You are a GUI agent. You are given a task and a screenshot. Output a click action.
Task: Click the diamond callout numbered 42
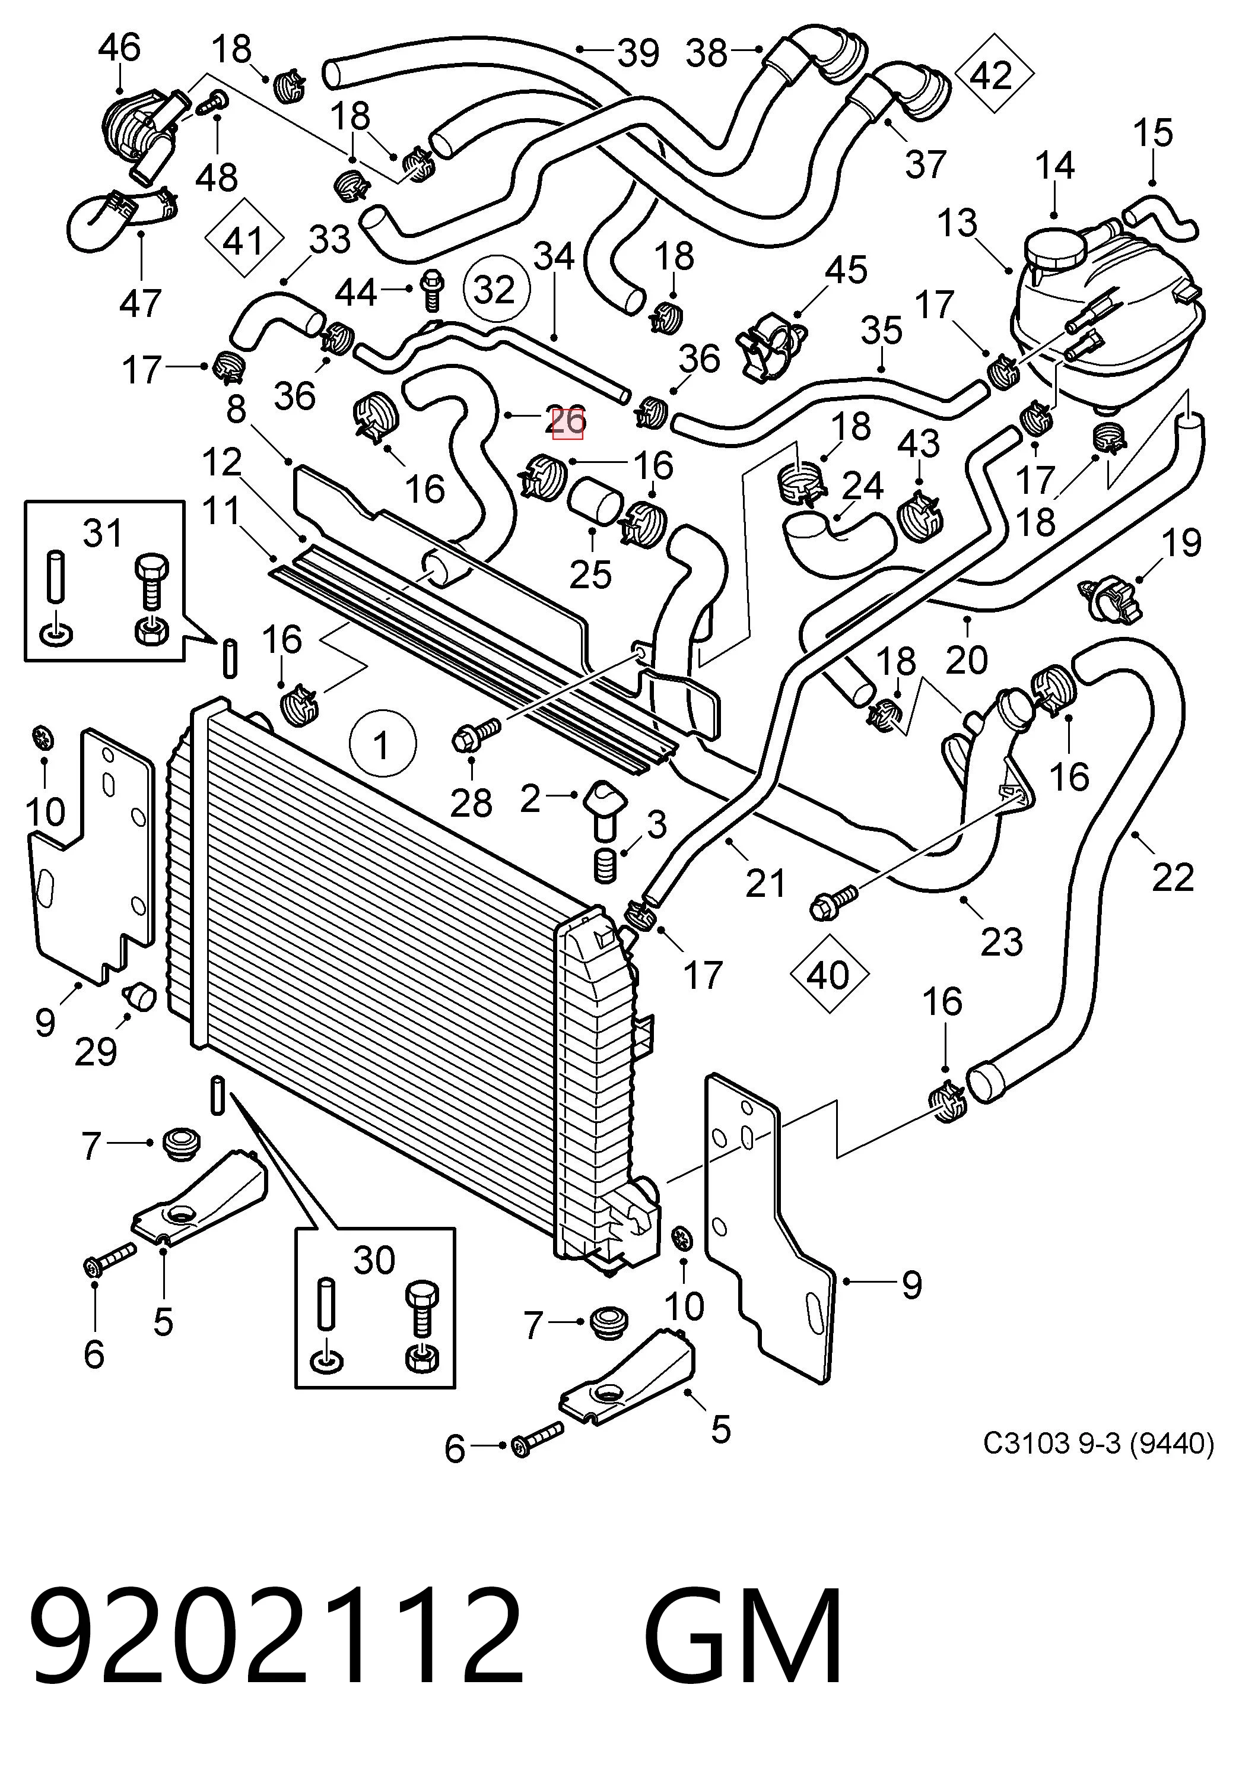click(994, 76)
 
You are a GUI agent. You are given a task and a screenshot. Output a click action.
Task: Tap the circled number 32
click(495, 289)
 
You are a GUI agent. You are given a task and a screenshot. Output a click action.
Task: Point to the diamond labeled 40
click(828, 975)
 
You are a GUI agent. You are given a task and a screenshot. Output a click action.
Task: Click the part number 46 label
click(119, 47)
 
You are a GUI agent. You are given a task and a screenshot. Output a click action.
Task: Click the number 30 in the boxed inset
click(374, 1260)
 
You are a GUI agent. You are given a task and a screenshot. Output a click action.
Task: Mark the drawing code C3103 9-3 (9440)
click(1098, 1443)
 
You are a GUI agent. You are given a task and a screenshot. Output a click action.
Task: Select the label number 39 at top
click(638, 53)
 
